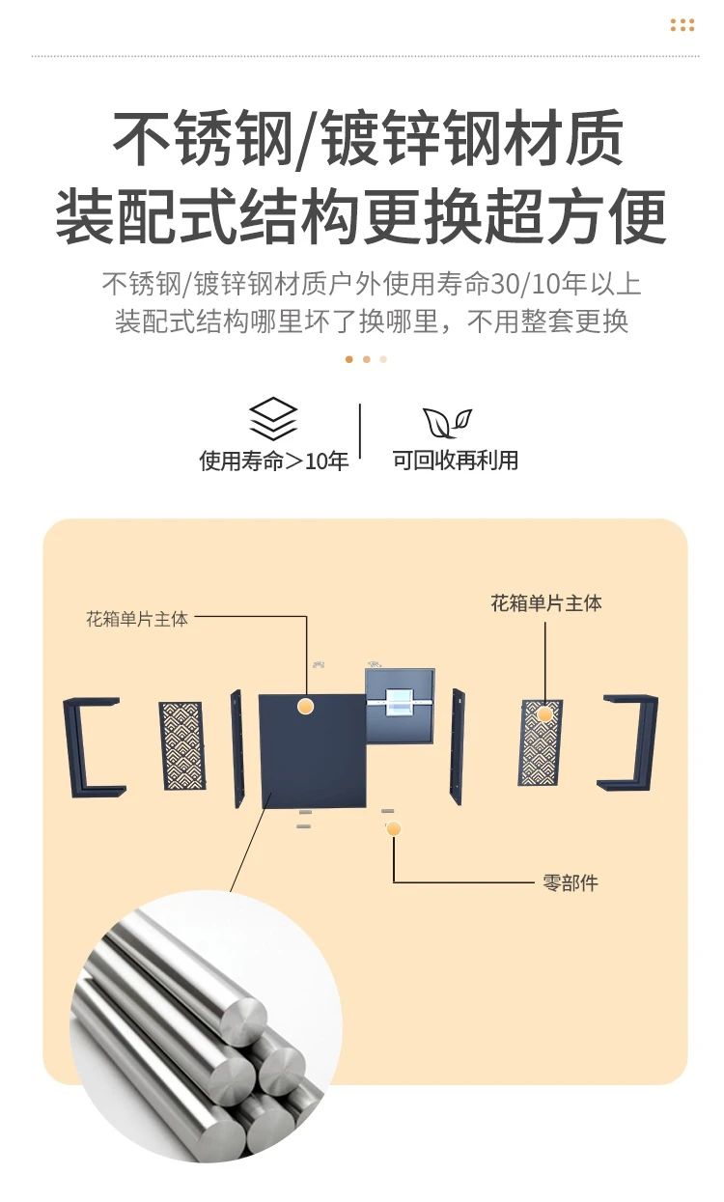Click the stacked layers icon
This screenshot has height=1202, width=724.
(x=272, y=419)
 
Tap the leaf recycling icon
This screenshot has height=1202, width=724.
(x=447, y=422)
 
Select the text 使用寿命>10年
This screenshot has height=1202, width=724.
(x=274, y=461)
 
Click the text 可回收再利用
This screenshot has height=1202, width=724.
(x=455, y=460)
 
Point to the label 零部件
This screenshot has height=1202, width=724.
(x=570, y=882)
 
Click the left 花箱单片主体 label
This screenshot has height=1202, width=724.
(x=137, y=619)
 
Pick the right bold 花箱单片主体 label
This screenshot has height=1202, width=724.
(x=546, y=603)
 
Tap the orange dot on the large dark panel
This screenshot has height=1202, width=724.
(x=305, y=706)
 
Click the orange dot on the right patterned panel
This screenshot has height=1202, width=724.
(x=544, y=714)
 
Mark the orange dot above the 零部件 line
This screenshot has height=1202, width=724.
(x=394, y=829)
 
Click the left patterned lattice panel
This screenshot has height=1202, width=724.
(x=181, y=745)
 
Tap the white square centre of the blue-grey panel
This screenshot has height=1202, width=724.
(x=399, y=702)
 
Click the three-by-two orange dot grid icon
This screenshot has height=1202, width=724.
(x=682, y=25)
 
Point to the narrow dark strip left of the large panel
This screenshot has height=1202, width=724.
(x=237, y=748)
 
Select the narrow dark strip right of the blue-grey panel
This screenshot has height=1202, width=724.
(x=458, y=746)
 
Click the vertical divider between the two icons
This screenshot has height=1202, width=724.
(x=359, y=431)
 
